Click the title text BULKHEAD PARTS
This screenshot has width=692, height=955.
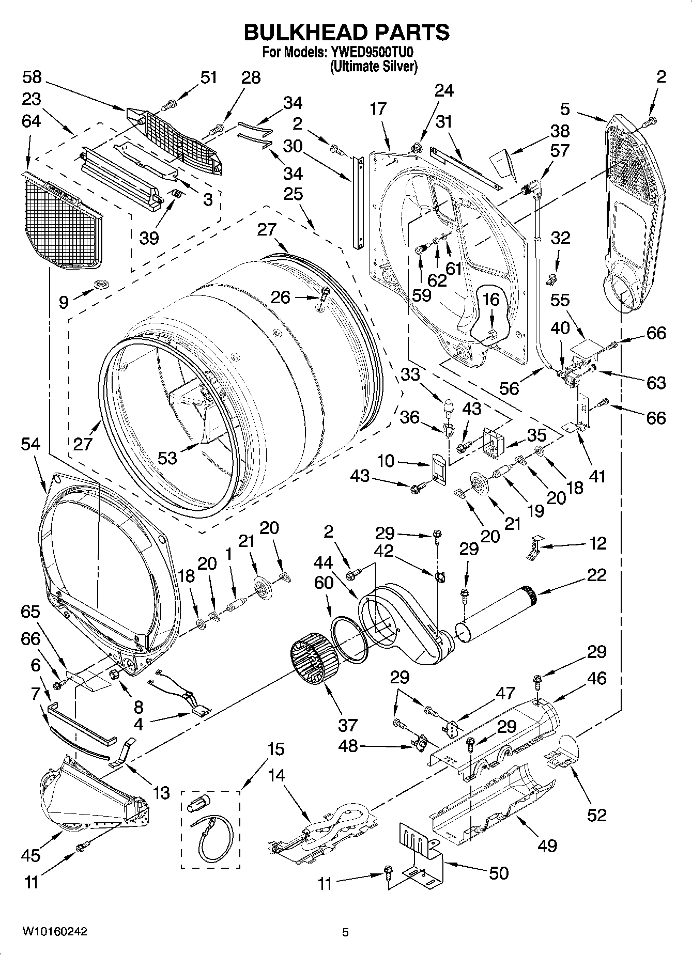346,32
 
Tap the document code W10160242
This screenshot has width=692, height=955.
54,931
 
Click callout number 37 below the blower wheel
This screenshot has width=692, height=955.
347,725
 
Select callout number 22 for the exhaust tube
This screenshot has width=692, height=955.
596,575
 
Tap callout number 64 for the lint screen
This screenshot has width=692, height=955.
32,121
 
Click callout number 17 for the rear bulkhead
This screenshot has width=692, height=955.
378,108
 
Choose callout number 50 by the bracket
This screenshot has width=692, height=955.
498,873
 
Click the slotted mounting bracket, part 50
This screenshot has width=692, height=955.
421,847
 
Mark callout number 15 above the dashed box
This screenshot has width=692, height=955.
276,749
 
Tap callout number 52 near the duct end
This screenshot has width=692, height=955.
596,815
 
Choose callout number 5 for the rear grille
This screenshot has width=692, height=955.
565,109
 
